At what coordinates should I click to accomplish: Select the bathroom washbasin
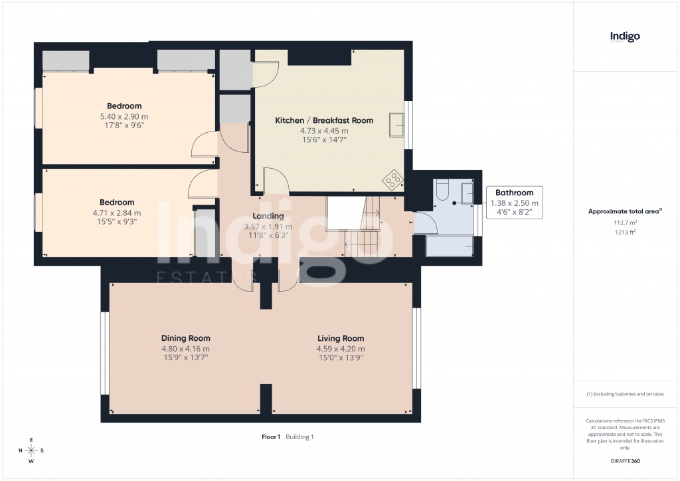(467, 192)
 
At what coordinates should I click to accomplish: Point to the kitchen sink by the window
(397, 125)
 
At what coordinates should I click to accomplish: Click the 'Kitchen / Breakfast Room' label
(324, 120)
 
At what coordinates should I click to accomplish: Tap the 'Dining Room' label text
(185, 338)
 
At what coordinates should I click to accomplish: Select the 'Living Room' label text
(340, 338)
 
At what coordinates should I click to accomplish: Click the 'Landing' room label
(268, 216)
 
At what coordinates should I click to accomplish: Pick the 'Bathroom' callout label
(514, 193)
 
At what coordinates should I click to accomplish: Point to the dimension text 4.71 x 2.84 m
(116, 213)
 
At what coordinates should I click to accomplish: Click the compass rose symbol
(31, 450)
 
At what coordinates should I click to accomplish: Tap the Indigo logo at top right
(625, 37)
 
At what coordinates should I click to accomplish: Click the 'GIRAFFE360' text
(625, 460)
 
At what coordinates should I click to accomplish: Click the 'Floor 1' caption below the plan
(271, 436)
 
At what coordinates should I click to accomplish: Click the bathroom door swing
(425, 223)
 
